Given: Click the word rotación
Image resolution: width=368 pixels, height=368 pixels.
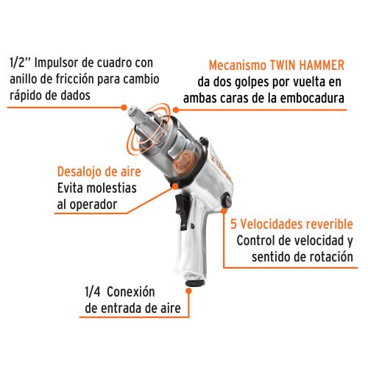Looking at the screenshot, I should pos(334,257).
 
